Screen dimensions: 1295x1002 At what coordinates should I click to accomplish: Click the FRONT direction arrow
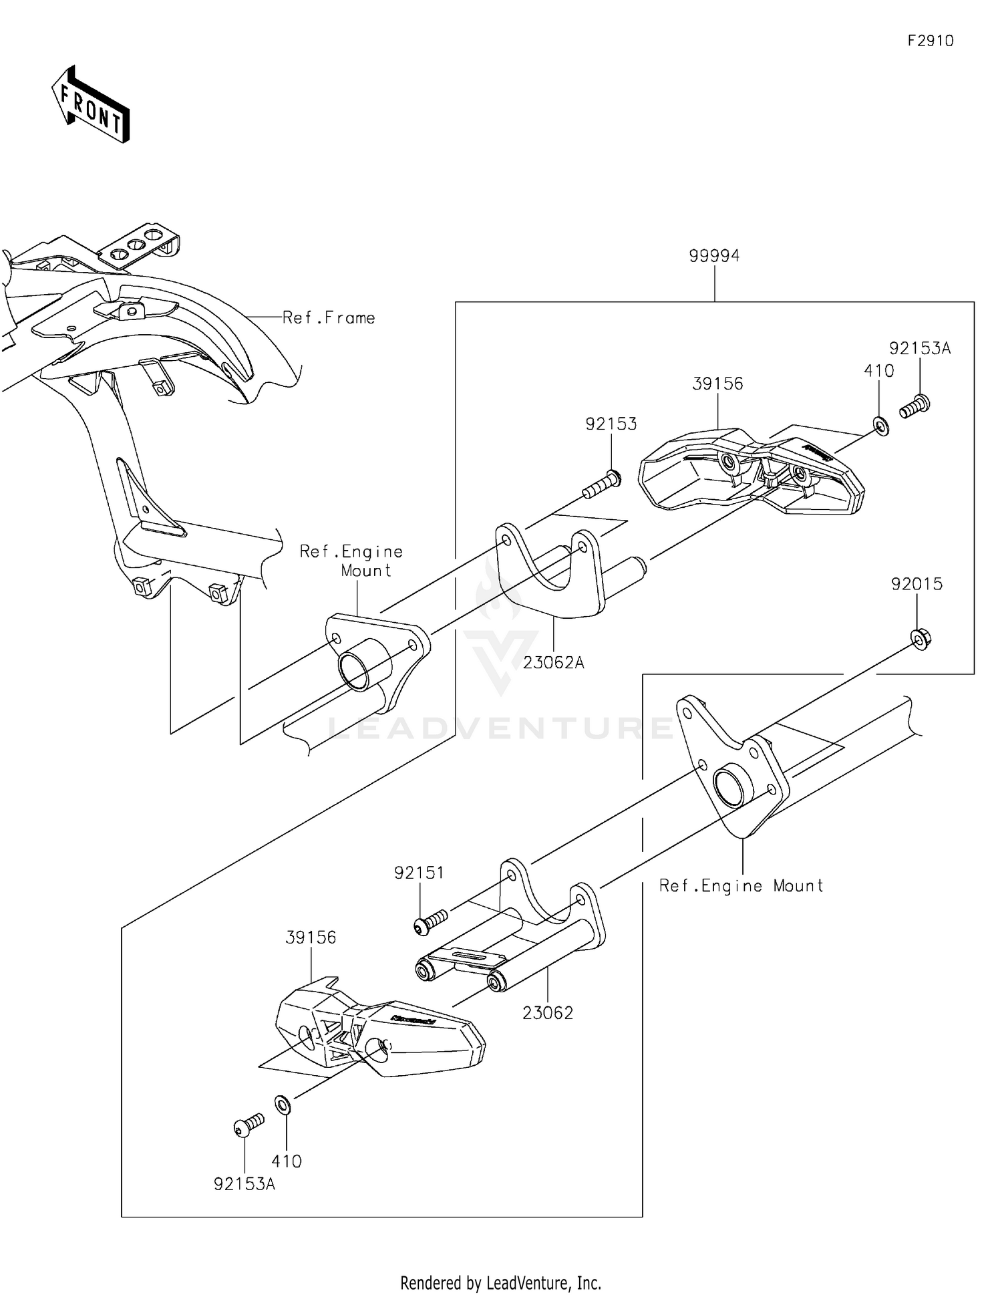click(x=91, y=106)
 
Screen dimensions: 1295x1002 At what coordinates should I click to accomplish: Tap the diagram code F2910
click(x=930, y=41)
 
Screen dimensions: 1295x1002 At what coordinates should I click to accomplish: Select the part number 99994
click(x=714, y=256)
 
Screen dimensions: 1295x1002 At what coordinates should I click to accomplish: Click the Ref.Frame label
click(x=329, y=318)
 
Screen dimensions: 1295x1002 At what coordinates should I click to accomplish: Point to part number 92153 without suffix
click(x=611, y=424)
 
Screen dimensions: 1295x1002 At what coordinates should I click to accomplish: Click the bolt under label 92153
click(x=602, y=484)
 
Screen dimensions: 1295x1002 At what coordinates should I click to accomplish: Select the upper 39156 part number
click(x=717, y=384)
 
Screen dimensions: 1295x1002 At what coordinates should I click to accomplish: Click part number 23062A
click(x=553, y=663)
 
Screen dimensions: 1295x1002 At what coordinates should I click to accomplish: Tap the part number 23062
click(x=548, y=1013)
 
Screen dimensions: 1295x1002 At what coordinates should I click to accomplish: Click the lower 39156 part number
click(x=311, y=938)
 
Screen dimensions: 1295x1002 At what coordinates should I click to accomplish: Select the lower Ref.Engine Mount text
click(x=741, y=886)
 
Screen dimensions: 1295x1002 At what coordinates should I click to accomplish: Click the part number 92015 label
click(x=916, y=584)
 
